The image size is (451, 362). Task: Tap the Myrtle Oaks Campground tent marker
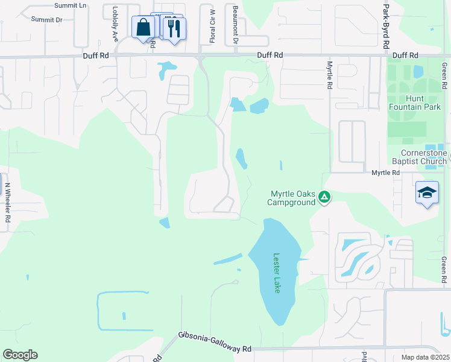tap(324, 196)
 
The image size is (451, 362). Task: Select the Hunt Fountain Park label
tap(423, 103)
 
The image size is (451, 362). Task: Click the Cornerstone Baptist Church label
tap(424, 157)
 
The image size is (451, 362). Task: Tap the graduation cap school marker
tap(427, 193)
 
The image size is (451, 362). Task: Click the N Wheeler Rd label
tap(7, 203)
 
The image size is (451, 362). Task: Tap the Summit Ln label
tap(70, 5)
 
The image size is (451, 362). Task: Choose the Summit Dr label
tap(46, 20)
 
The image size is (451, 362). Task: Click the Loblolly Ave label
tap(115, 24)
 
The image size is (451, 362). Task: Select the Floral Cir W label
tap(212, 26)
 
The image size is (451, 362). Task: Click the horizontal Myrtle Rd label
tap(385, 173)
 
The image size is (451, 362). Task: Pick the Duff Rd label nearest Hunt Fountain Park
tap(405, 55)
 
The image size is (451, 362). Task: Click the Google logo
tap(20, 354)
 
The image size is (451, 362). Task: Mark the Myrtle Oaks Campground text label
tap(292, 198)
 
